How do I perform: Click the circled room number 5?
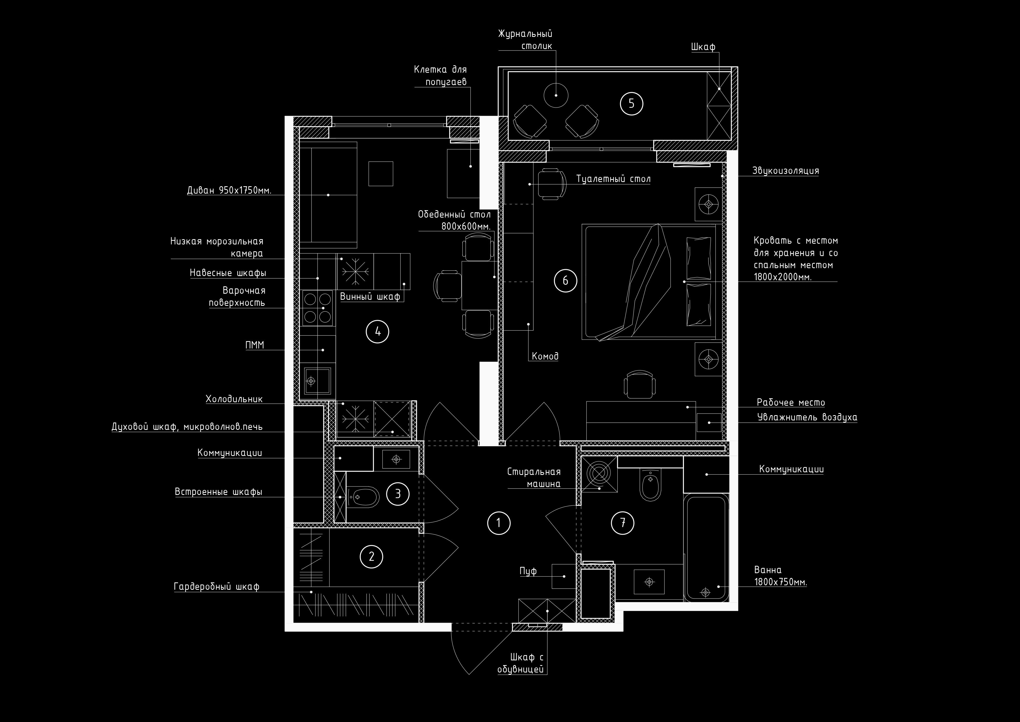click(x=631, y=104)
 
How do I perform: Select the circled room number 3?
click(x=398, y=493)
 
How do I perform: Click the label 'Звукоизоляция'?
click(x=786, y=171)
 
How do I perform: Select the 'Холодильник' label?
click(x=234, y=399)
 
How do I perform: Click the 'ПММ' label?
click(x=254, y=345)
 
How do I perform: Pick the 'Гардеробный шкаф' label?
click(x=216, y=587)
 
